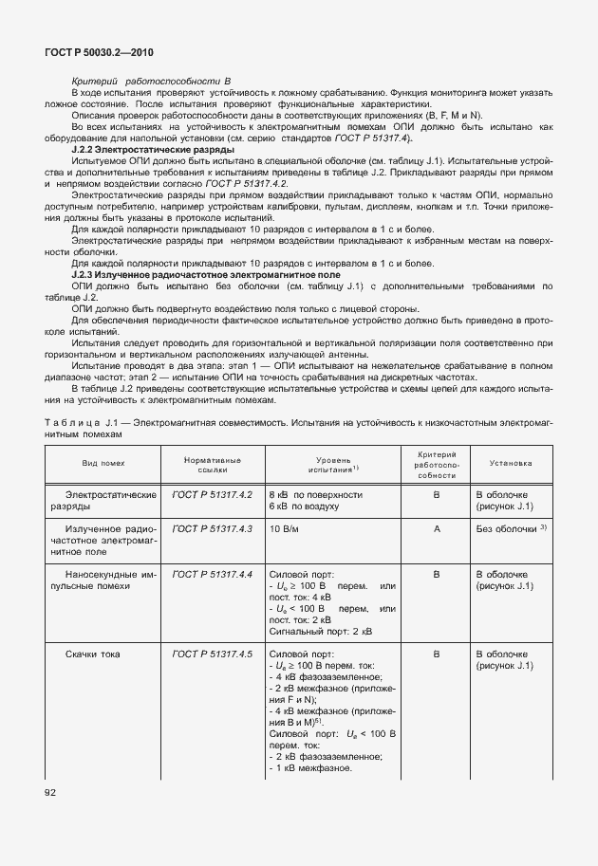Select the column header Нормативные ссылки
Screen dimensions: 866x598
(212, 464)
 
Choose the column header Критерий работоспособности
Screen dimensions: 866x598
(437, 465)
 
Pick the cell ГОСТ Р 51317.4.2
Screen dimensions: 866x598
(212, 495)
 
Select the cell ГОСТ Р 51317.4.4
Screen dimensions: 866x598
(212, 574)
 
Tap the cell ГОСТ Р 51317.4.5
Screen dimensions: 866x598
(212, 654)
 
